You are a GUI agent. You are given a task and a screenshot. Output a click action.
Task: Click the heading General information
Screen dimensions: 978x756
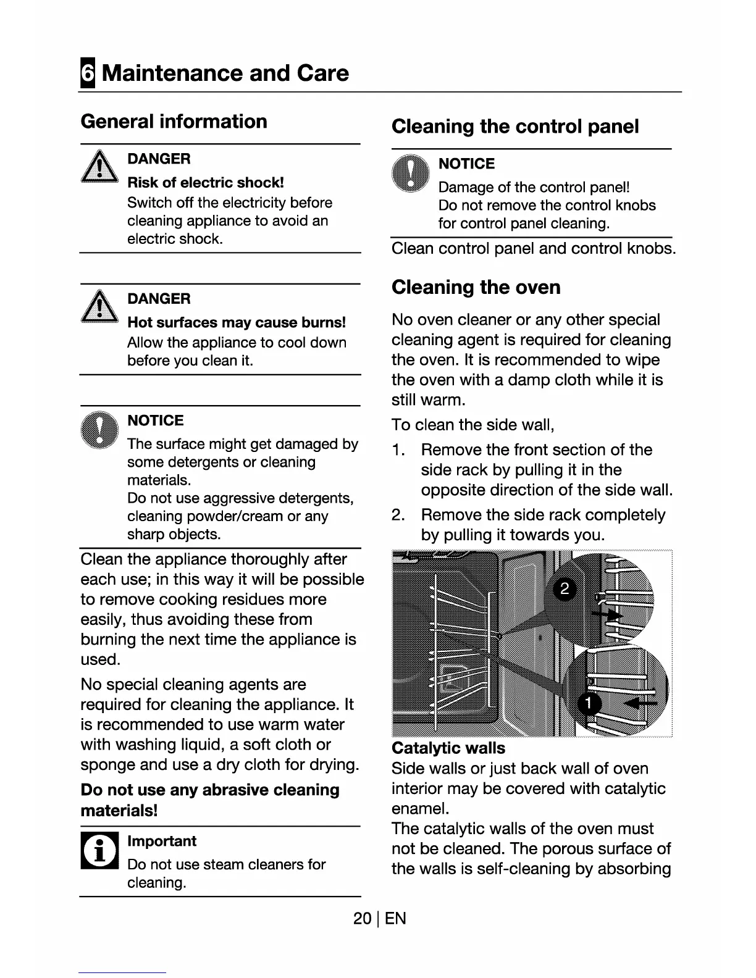click(174, 121)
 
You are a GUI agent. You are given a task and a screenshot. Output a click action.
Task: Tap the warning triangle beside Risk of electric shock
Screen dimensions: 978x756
click(99, 168)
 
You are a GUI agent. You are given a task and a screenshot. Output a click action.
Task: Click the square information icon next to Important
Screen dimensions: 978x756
click(99, 850)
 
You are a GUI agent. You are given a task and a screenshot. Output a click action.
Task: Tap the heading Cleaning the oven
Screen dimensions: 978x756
click(476, 287)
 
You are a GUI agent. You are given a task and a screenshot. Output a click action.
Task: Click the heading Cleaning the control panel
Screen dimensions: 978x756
click(514, 127)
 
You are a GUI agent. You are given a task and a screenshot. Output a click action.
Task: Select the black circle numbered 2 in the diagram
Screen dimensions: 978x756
click(564, 589)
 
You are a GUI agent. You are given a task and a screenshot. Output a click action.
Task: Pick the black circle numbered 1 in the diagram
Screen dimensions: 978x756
click(588, 703)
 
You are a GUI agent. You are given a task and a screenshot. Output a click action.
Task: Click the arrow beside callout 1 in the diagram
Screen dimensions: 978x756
click(640, 703)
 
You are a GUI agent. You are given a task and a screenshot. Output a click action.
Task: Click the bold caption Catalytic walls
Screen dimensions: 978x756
click(448, 748)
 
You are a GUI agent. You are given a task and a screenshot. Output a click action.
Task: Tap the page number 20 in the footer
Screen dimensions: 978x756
click(362, 918)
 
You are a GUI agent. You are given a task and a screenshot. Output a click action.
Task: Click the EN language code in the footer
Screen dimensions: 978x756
click(395, 918)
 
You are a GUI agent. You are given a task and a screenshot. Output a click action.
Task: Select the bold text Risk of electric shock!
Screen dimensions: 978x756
click(205, 183)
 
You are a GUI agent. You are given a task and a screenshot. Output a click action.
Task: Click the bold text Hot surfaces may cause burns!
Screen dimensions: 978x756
click(236, 322)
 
